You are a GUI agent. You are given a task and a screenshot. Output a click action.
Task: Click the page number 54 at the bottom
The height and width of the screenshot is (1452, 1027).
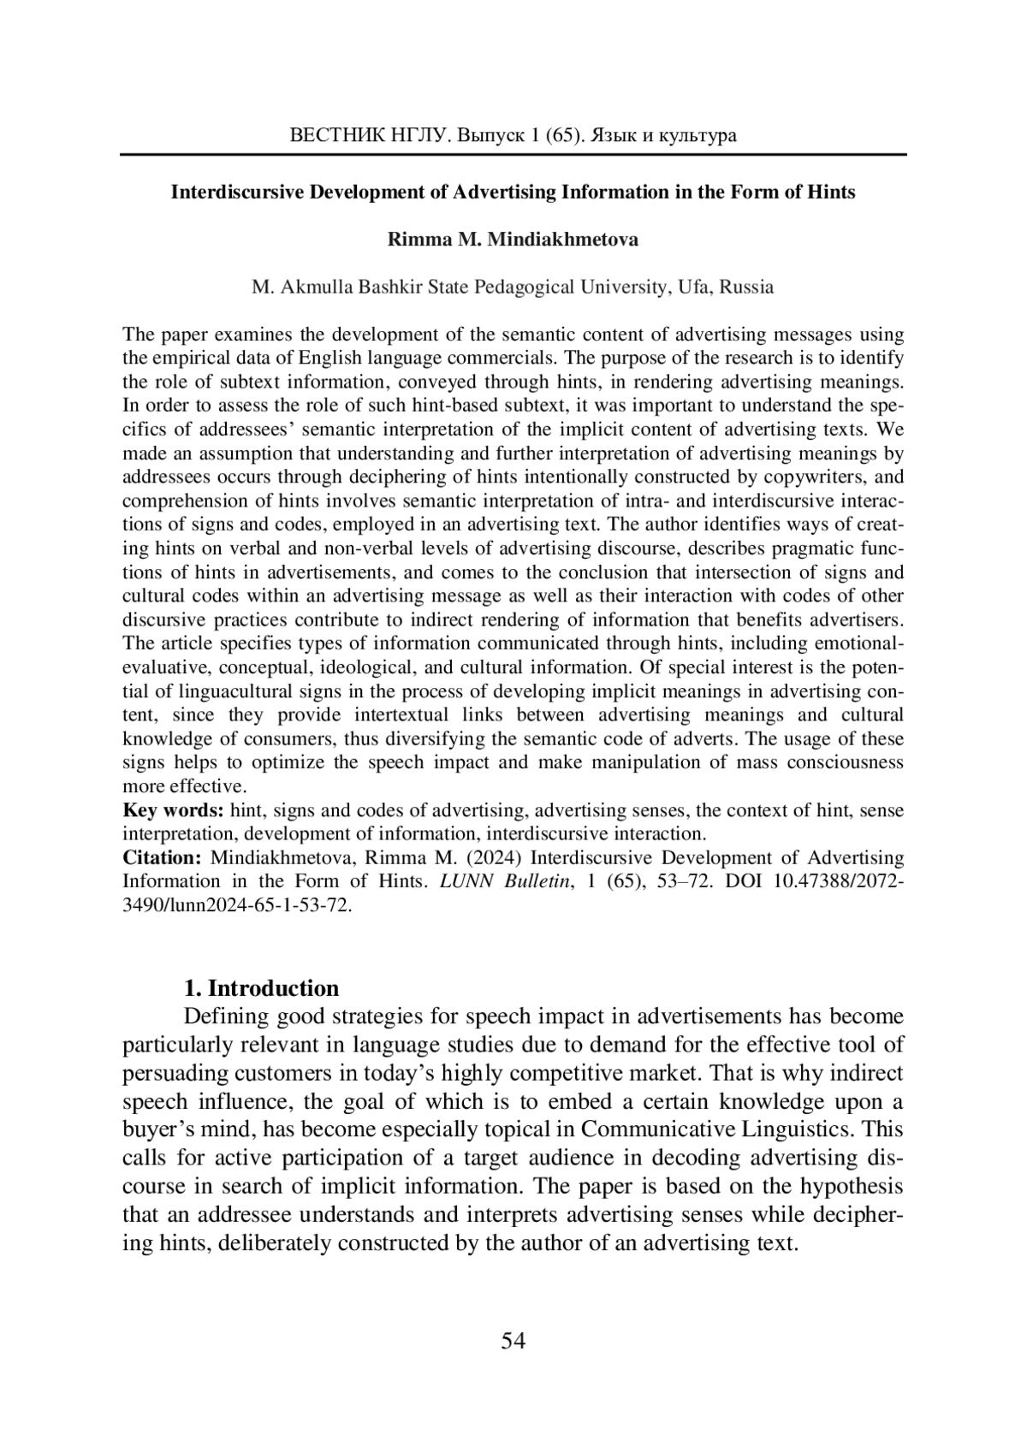click(x=513, y=1341)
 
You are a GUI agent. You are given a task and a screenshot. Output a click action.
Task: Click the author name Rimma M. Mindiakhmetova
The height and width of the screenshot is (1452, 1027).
click(x=513, y=240)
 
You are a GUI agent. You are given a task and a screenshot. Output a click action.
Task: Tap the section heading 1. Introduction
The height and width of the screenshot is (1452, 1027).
click(x=262, y=988)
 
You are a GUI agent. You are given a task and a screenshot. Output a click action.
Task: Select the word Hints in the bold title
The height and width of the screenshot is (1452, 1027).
click(x=831, y=192)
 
